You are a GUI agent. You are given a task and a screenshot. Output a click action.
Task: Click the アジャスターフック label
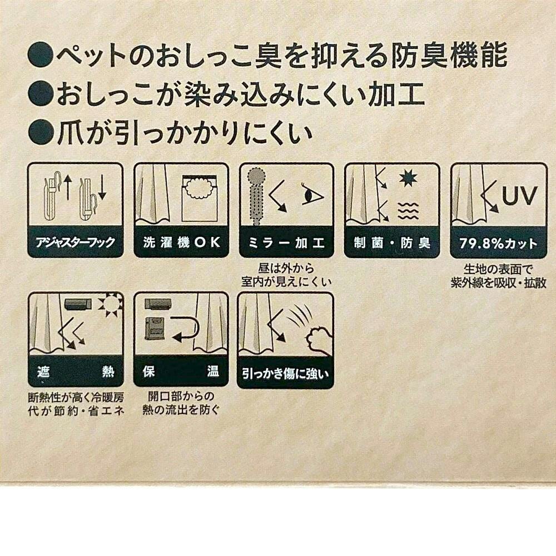click(75, 242)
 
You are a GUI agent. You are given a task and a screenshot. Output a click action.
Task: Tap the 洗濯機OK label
click(181, 242)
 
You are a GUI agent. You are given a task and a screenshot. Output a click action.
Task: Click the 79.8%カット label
click(498, 244)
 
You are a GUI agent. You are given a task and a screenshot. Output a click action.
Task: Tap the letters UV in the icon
click(520, 195)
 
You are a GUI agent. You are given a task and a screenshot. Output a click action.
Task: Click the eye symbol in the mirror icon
click(312, 194)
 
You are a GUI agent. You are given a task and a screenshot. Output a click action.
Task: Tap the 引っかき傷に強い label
click(285, 374)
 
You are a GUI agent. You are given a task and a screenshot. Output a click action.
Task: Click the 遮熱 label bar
click(76, 371)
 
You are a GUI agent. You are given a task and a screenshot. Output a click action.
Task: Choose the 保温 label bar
click(181, 371)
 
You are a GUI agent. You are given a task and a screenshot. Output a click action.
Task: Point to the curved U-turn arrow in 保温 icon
click(192, 329)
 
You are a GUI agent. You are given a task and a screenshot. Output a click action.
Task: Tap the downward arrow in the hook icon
click(102, 190)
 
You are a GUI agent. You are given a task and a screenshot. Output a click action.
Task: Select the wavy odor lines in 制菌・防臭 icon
click(408, 211)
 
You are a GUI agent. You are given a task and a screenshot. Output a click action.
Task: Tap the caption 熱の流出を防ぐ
click(181, 410)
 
